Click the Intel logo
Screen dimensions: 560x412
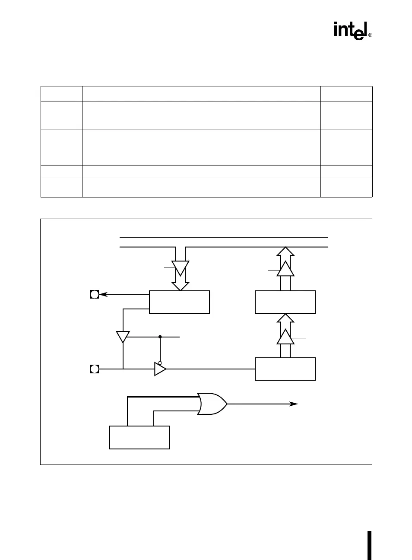pos(350,31)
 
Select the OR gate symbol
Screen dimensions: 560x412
pos(212,404)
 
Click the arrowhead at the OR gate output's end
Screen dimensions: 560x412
pos(294,404)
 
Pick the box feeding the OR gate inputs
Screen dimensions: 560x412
pos(139,437)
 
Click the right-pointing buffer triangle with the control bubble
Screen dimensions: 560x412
pos(160,369)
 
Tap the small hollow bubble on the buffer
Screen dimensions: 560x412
pos(160,363)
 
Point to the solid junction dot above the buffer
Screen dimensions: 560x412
pos(160,336)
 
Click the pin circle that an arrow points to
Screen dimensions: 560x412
pos(95,295)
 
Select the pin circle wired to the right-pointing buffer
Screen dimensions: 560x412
pos(95,369)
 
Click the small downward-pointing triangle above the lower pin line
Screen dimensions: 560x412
pos(123,337)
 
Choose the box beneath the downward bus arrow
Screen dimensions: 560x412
pos(179,302)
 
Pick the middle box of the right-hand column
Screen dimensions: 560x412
pos(285,302)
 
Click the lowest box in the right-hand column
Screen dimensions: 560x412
pos(285,369)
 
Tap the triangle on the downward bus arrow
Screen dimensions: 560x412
pos(180,268)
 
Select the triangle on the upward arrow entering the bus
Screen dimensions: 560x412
pos(285,269)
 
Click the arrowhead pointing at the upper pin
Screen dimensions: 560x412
pos(103,295)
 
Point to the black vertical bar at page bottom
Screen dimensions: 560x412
pos(370,545)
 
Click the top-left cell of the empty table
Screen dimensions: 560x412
pos(61,94)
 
